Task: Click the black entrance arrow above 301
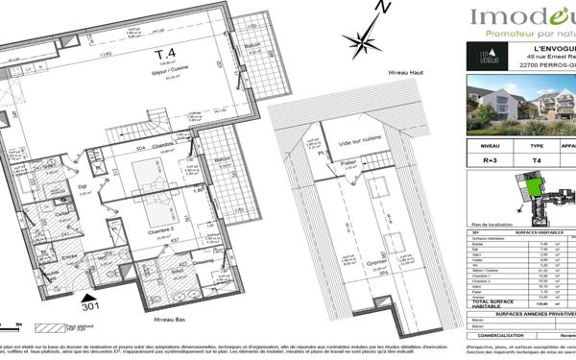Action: pos(89,297)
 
